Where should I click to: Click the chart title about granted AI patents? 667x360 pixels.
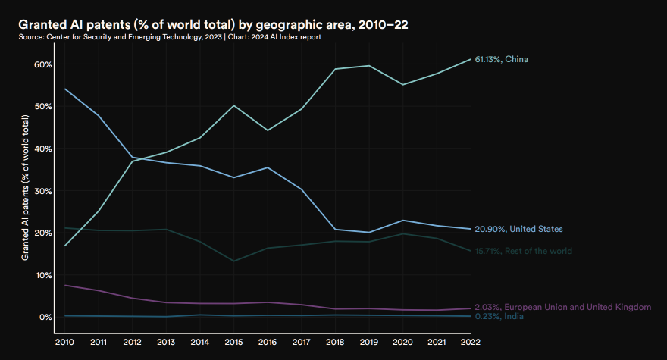pos(213,25)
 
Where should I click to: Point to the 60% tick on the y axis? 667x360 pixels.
pos(42,65)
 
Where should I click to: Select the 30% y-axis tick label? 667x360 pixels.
pos(42,191)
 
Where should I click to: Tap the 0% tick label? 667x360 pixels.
pos(44,317)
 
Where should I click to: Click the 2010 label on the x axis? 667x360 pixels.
pos(65,343)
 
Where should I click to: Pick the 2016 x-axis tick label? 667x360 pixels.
pos(268,343)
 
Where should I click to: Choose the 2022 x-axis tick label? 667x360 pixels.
pos(470,343)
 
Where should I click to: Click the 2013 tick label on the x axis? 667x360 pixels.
pos(166,343)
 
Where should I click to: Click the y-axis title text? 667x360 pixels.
pos(26,192)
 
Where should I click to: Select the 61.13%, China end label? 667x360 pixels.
pos(501,59)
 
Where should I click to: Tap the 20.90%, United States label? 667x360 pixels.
pos(518,229)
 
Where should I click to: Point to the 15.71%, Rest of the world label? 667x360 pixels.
pos(523,251)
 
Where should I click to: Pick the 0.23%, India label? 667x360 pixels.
pos(498,316)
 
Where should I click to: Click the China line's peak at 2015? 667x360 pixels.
pos(233,105)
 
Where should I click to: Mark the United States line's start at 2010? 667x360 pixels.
pos(65,89)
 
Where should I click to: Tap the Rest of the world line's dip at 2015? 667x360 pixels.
pos(233,261)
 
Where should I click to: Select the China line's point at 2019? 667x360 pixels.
pos(368,66)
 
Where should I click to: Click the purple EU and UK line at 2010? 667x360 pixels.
pos(65,285)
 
